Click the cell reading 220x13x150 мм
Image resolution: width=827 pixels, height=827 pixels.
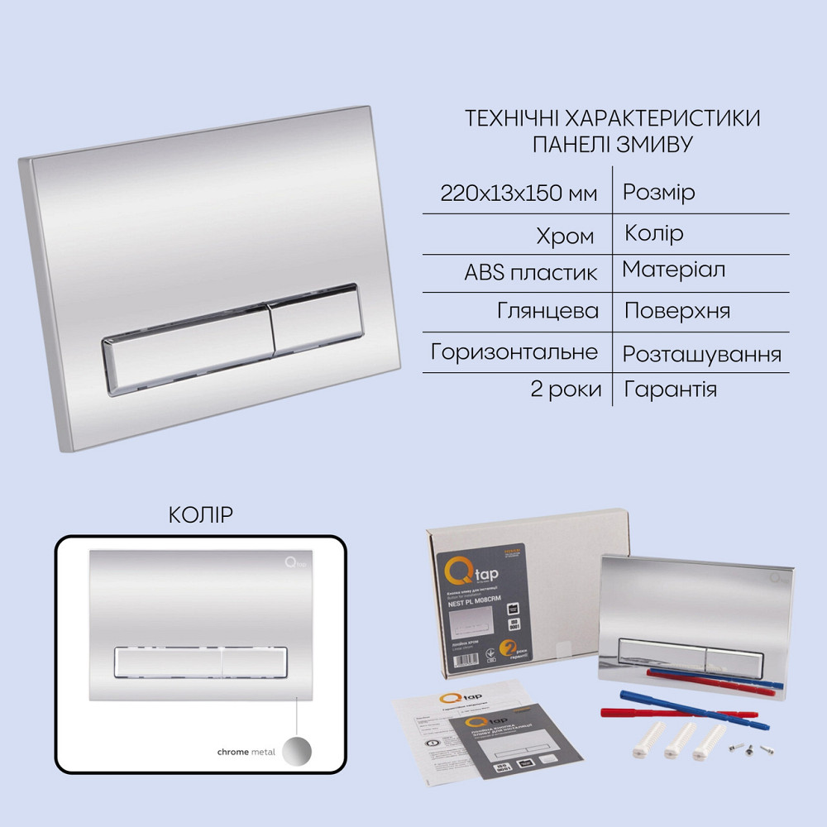tap(518, 194)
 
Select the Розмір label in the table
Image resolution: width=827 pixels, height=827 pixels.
tap(658, 193)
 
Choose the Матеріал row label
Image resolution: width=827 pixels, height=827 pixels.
tap(674, 270)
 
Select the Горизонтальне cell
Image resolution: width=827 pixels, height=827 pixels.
tap(514, 351)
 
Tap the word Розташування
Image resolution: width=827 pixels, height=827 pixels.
tap(701, 354)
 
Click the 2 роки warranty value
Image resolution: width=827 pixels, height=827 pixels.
tap(566, 390)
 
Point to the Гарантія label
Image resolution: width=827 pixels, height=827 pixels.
tap(670, 390)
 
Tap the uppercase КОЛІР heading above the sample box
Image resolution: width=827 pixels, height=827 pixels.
tap(200, 515)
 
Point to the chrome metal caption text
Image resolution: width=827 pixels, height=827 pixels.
tap(246, 753)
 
